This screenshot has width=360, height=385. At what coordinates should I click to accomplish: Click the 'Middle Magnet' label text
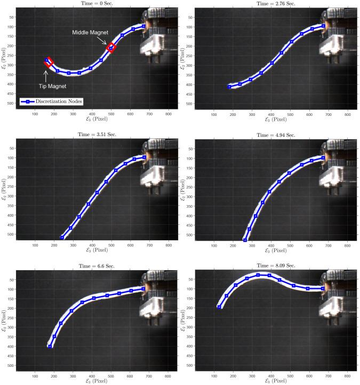pyautogui.click(x=90, y=33)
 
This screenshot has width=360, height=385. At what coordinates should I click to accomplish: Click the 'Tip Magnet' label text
pyautogui.click(x=52, y=86)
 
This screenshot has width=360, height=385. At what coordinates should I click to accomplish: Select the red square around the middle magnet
pyautogui.click(x=111, y=48)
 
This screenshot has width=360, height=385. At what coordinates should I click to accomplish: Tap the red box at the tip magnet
pyautogui.click(x=49, y=62)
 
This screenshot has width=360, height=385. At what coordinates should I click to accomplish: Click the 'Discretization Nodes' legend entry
pyautogui.click(x=52, y=101)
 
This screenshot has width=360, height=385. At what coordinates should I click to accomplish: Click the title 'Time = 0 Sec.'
pyautogui.click(x=97, y=3)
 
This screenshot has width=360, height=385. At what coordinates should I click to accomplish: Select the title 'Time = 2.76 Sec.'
pyautogui.click(x=276, y=3)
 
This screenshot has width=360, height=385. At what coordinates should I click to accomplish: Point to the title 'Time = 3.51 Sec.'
pyautogui.click(x=97, y=135)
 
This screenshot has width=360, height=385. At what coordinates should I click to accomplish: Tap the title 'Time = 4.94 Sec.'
pyautogui.click(x=276, y=135)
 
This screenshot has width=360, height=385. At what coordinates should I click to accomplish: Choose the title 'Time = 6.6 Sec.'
pyautogui.click(x=97, y=266)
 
